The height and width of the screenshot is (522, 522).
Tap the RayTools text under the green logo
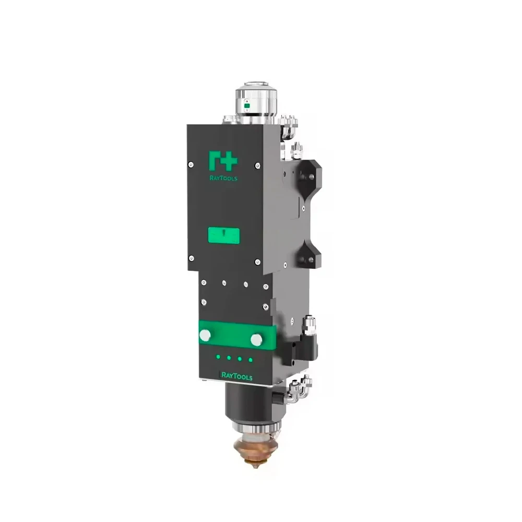[223, 177]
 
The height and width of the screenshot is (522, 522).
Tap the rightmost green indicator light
[251, 359]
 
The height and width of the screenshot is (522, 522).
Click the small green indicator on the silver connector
[247, 106]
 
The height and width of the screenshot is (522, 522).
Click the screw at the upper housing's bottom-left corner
[192, 258]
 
